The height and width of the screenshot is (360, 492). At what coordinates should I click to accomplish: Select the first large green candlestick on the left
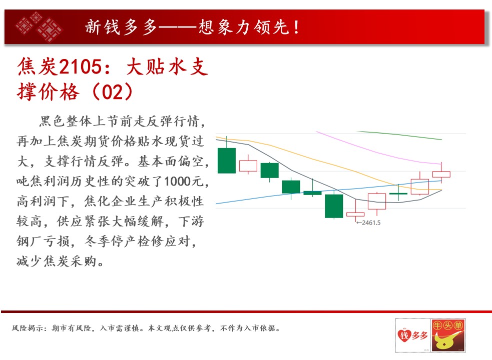click(x=227, y=160)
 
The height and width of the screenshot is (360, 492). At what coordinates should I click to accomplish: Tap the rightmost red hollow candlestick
click(x=441, y=174)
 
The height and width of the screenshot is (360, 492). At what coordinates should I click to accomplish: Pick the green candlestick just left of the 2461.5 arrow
click(x=334, y=205)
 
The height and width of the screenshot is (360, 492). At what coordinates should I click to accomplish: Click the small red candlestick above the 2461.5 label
click(x=355, y=214)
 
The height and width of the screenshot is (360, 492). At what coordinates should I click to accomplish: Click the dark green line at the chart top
click(x=400, y=135)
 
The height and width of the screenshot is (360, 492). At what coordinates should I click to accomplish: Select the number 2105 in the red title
click(x=80, y=67)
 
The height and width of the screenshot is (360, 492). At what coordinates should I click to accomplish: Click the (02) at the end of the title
click(x=112, y=92)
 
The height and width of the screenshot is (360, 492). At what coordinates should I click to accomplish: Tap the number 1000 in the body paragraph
click(x=178, y=181)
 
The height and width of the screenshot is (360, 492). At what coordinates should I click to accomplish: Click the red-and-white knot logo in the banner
click(x=39, y=26)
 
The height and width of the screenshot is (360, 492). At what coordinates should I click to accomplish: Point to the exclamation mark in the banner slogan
click(x=296, y=27)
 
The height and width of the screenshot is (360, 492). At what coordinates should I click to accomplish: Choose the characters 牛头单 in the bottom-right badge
click(x=448, y=325)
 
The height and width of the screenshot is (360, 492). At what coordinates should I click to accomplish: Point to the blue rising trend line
click(x=328, y=192)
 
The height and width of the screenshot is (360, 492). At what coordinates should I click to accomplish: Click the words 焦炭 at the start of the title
click(x=38, y=67)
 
